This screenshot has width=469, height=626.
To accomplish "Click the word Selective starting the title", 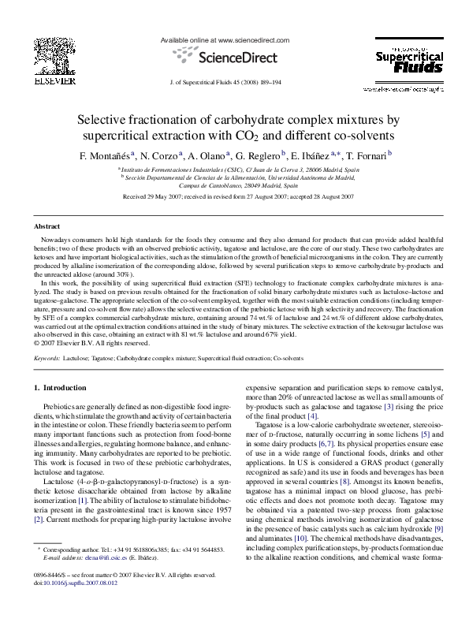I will coord(102,120).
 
